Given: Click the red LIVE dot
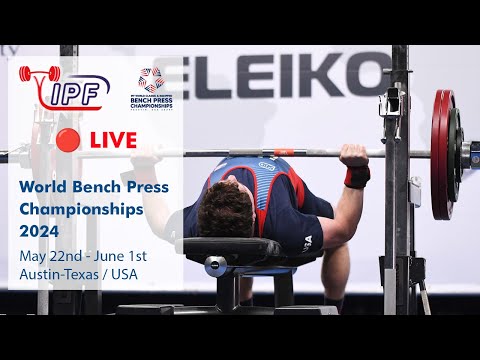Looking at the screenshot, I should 69,139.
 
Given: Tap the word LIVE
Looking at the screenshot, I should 114,139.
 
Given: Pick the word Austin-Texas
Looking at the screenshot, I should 59,274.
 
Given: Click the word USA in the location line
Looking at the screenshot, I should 129,274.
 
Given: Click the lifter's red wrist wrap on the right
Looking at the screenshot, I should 356,176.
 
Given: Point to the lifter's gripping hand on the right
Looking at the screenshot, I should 354,155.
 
